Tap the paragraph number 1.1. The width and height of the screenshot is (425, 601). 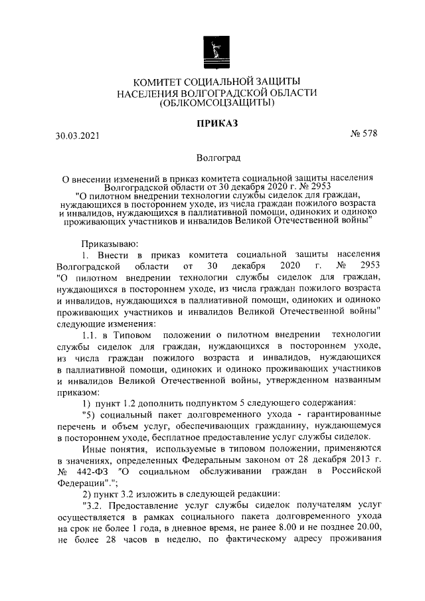92,332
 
